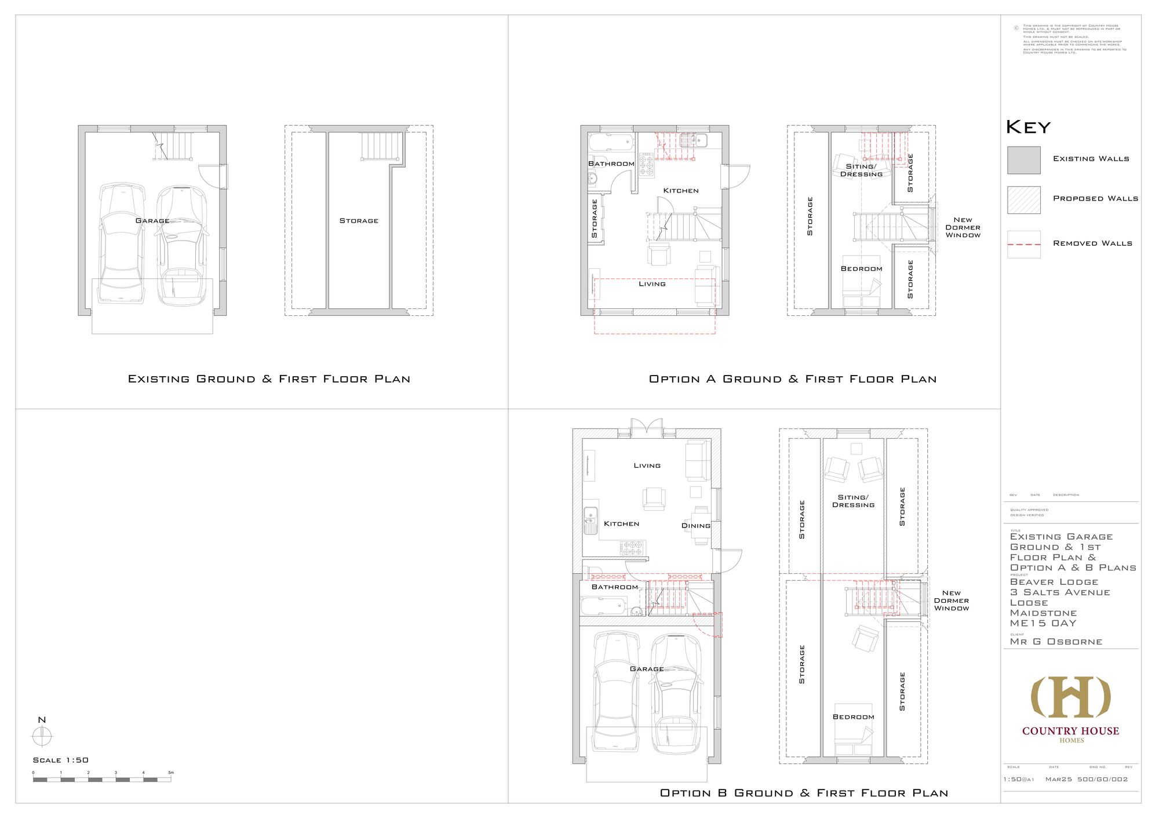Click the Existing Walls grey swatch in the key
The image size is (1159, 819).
[1023, 160]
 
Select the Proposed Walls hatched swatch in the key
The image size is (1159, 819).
[1023, 200]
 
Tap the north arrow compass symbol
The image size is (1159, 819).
[42, 736]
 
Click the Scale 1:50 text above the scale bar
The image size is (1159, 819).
[61, 760]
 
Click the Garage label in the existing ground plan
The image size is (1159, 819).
[152, 221]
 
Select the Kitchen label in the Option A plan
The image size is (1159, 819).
[681, 191]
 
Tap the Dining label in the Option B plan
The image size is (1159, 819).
[695, 526]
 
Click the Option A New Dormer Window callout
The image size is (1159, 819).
[963, 227]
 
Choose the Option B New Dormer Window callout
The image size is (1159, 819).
[951, 600]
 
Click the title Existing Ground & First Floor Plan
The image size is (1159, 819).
[269, 379]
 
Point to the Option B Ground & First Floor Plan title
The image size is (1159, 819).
[804, 793]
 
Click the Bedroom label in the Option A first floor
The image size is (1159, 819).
[861, 269]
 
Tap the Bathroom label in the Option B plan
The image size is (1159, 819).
[614, 587]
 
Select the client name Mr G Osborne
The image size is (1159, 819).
[1056, 642]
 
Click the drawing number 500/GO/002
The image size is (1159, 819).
[1102, 779]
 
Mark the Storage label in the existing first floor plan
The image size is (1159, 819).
[359, 221]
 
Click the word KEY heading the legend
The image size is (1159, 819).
[1028, 127]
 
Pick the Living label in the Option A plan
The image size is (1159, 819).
[652, 284]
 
